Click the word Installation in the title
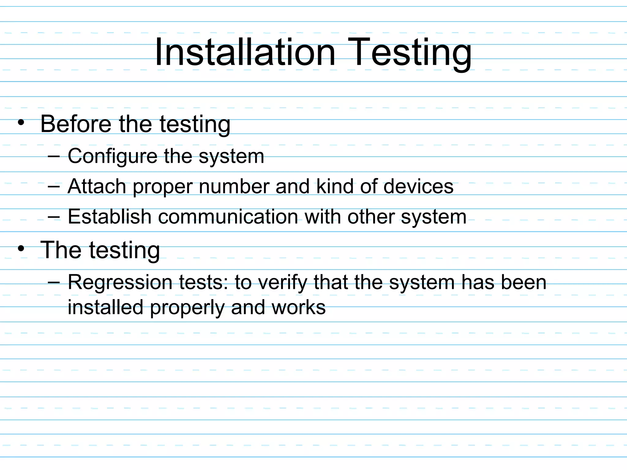245,52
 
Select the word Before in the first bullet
76,124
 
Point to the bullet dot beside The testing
21,248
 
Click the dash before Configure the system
54,156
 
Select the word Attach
97,186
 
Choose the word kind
335,186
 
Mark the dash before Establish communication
54,217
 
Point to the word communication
228,217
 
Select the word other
371,217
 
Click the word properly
187,308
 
